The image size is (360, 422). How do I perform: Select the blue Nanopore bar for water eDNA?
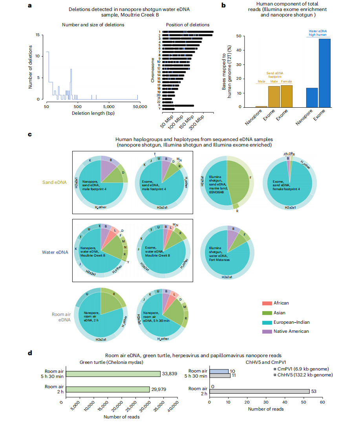point(312,97)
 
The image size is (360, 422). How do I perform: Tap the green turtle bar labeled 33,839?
point(111,374)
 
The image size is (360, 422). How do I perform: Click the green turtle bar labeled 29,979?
point(106,389)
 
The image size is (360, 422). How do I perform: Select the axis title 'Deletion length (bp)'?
point(92,113)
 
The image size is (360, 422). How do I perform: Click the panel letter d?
point(30,352)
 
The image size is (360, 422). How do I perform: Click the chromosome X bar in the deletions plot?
point(178,105)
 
